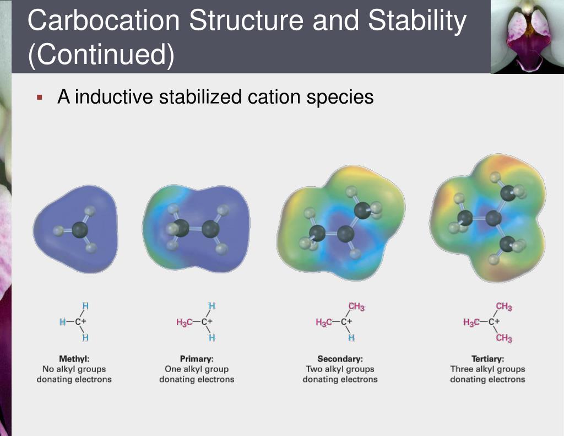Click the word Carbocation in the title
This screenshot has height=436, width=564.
pyautogui.click(x=103, y=21)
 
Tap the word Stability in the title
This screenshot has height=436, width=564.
pyautogui.click(x=417, y=21)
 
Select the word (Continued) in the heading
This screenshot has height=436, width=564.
pyautogui.click(x=101, y=55)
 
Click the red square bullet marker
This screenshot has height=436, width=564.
pyautogui.click(x=39, y=98)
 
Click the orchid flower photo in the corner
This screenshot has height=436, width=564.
pyautogui.click(x=527, y=36)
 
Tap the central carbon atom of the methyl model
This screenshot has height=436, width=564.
pyautogui.click(x=81, y=230)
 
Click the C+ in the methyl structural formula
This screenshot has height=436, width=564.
pyautogui.click(x=80, y=322)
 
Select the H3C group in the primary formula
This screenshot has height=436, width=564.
pyautogui.click(x=185, y=322)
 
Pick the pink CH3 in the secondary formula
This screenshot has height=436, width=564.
pyautogui.click(x=356, y=307)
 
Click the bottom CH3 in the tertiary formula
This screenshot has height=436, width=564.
pyautogui.click(x=503, y=338)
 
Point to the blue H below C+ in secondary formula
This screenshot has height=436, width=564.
pyautogui.click(x=351, y=337)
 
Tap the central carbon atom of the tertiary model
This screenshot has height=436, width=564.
pyautogui.click(x=493, y=219)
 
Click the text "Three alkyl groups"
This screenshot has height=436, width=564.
pyautogui.click(x=487, y=369)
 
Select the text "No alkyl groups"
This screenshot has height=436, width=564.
pyautogui.click(x=74, y=369)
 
